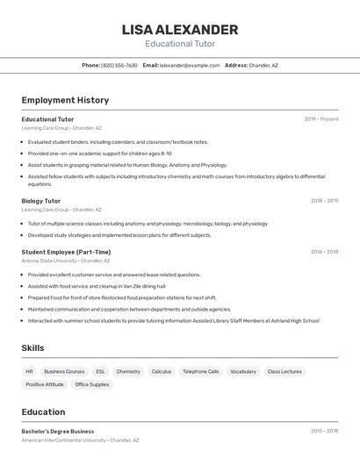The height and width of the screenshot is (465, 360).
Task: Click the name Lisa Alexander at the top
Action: pos(180,30)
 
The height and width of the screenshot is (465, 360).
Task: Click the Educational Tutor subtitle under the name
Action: pos(180,44)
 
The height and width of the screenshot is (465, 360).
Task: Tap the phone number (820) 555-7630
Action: pos(119,65)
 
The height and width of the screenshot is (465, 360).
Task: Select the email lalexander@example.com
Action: pos(190,65)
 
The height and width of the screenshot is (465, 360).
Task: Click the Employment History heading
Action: pos(65,100)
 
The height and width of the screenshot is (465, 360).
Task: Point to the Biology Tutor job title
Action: pos(41,201)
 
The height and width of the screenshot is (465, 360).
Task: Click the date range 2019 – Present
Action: pos(321,119)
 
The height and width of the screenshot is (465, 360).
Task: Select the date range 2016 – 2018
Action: pos(324,252)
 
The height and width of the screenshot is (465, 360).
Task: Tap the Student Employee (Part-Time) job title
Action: pos(66,252)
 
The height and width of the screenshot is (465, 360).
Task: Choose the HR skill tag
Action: pos(30,371)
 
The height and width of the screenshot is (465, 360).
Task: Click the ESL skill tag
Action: pos(100,371)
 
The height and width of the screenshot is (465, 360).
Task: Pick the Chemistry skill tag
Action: pos(128,371)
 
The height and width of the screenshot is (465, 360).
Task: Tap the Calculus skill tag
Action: pos(162,371)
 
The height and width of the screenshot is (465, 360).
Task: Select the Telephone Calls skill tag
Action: pos(201,371)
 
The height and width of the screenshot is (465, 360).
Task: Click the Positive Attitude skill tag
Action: pos(45,384)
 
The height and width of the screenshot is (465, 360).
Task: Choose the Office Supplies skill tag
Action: pos(92,384)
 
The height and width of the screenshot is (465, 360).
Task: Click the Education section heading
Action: pos(44,411)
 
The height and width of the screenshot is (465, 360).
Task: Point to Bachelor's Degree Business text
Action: pos(58,432)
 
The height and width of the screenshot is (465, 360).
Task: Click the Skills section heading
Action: pos(33,348)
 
